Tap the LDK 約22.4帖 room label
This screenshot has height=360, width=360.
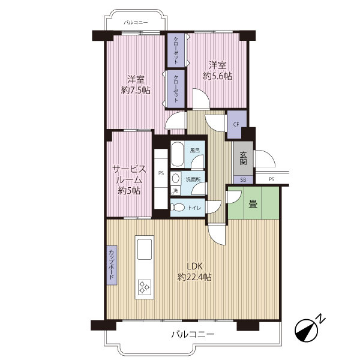tap(194, 272)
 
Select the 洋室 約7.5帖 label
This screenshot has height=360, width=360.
tap(136, 85)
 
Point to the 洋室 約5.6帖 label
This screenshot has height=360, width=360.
tap(217, 71)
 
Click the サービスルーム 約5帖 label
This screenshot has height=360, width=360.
tap(129, 180)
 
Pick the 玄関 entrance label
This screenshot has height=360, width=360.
tap(243, 158)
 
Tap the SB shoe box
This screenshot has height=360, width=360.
tap(243, 180)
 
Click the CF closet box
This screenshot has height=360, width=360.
tap(236, 125)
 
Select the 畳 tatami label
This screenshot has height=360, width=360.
tap(253, 203)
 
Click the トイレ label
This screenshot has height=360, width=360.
tap(194, 208)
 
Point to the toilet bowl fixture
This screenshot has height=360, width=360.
tap(178, 208)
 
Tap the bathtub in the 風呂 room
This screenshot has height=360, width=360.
tap(177, 155)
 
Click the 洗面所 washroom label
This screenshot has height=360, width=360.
tap(193, 179)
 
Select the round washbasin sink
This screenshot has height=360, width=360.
tap(176, 178)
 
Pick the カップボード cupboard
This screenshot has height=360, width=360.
tap(112, 265)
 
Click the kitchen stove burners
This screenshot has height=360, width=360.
tap(145, 287)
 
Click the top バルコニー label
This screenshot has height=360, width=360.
tap(136, 23)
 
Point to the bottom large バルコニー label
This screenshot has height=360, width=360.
tap(193, 334)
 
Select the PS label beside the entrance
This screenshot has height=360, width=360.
tap(272, 179)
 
